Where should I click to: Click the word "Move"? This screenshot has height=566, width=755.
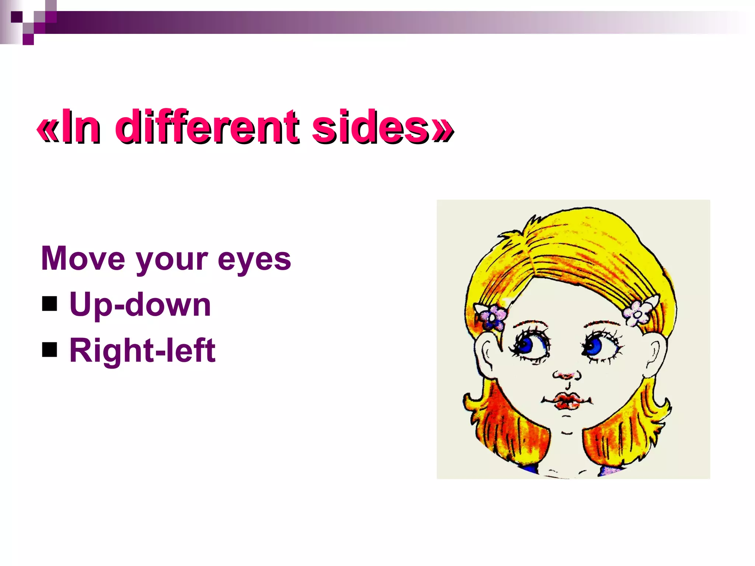coord(83,259)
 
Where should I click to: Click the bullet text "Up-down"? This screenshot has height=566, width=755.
coord(140,305)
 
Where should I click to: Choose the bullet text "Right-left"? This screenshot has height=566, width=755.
coord(142,350)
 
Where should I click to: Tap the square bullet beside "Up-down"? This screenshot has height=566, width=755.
coord(50,304)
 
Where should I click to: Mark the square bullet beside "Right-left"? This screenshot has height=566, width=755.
coord(50,350)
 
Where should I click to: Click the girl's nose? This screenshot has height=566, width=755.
coord(567,375)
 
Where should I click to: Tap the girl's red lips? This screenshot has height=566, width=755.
coord(567,401)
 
